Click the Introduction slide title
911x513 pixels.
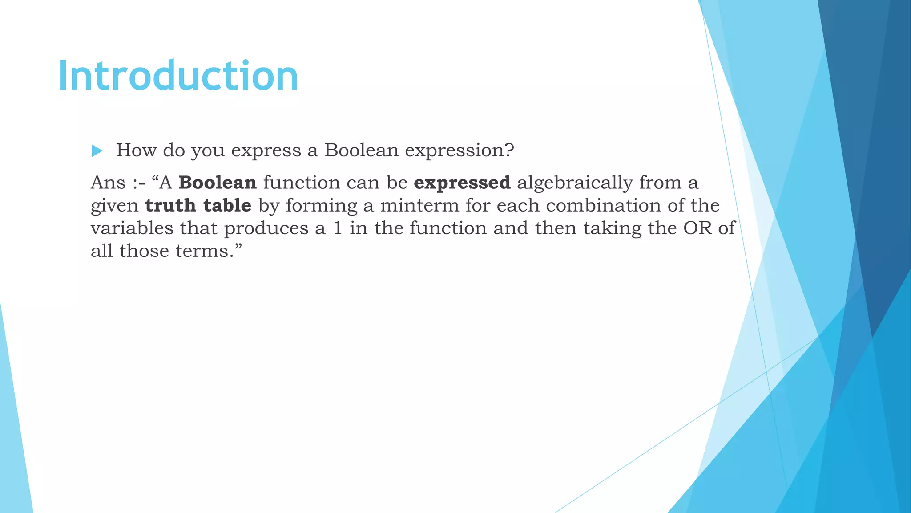click(x=178, y=76)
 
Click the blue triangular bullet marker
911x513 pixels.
click(x=97, y=151)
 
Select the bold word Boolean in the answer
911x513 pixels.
click(x=218, y=183)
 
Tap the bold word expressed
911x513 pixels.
click(x=462, y=183)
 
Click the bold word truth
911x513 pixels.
click(x=170, y=205)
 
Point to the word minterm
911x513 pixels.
click(x=419, y=205)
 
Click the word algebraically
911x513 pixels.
click(x=575, y=183)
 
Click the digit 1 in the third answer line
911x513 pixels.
click(x=338, y=228)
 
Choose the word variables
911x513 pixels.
click(x=132, y=228)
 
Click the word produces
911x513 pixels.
click(x=266, y=228)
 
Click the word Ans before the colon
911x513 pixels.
click(x=108, y=183)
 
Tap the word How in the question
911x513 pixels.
click(x=136, y=151)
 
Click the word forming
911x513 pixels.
click(x=321, y=205)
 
